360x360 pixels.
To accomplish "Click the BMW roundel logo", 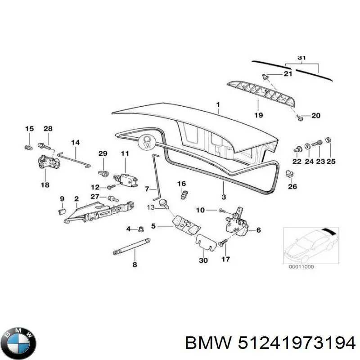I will [18, 337].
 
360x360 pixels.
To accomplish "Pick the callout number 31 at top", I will [301, 58].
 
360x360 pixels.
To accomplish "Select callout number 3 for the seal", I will [224, 197].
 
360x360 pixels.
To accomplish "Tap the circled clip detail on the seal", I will [146, 142].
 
